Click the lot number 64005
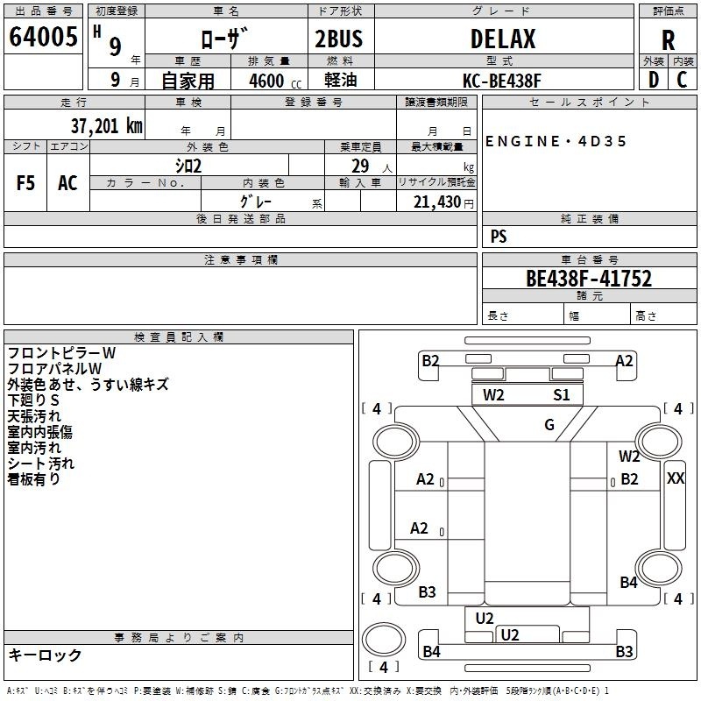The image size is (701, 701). click(x=43, y=36)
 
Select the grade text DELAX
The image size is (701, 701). click(x=503, y=39)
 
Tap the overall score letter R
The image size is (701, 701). click(x=668, y=40)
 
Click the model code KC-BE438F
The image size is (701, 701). click(x=501, y=81)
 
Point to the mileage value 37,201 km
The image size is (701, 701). click(x=107, y=126)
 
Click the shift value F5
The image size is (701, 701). click(x=25, y=183)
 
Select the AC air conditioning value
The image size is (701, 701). click(x=67, y=183)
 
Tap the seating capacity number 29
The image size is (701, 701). click(x=360, y=166)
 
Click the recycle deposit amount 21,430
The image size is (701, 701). click(x=436, y=202)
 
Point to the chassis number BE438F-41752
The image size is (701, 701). click(x=589, y=279)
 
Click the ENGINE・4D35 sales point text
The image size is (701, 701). click(x=556, y=141)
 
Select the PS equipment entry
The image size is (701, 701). click(x=499, y=236)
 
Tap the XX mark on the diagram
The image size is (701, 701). click(x=675, y=478)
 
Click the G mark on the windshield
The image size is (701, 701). click(x=549, y=424)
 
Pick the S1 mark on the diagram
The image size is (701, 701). click(x=561, y=395)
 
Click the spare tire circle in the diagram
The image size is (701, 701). click(x=383, y=639)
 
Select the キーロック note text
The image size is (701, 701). click(x=45, y=655)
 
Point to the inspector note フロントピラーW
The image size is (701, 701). click(x=61, y=353)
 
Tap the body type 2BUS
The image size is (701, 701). click(x=339, y=39)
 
